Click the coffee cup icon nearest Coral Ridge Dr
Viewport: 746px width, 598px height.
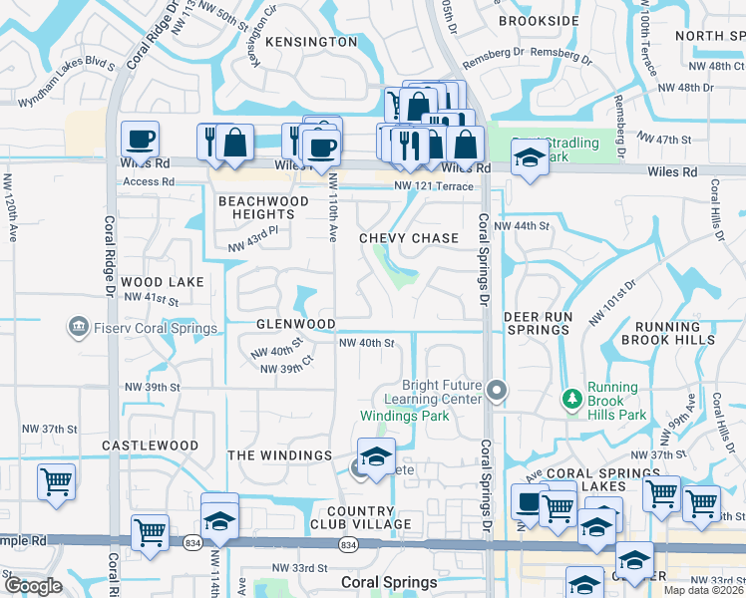point(140,140)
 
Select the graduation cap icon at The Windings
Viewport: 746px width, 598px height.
point(376,457)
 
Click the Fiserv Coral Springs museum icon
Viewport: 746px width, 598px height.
point(77,328)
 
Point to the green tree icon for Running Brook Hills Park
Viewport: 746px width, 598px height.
point(571,399)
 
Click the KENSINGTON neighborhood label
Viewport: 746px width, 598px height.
point(310,42)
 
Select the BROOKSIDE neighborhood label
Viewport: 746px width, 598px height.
point(539,20)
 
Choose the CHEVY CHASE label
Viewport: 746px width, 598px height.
point(409,238)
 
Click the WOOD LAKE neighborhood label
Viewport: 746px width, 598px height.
point(163,282)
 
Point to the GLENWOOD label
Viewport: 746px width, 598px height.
point(296,324)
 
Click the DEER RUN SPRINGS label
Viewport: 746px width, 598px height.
point(538,323)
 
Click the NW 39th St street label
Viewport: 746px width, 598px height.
point(151,387)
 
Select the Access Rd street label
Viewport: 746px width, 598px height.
point(149,182)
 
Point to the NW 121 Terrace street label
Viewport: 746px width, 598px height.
point(434,187)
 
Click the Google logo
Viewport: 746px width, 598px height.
point(34,586)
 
